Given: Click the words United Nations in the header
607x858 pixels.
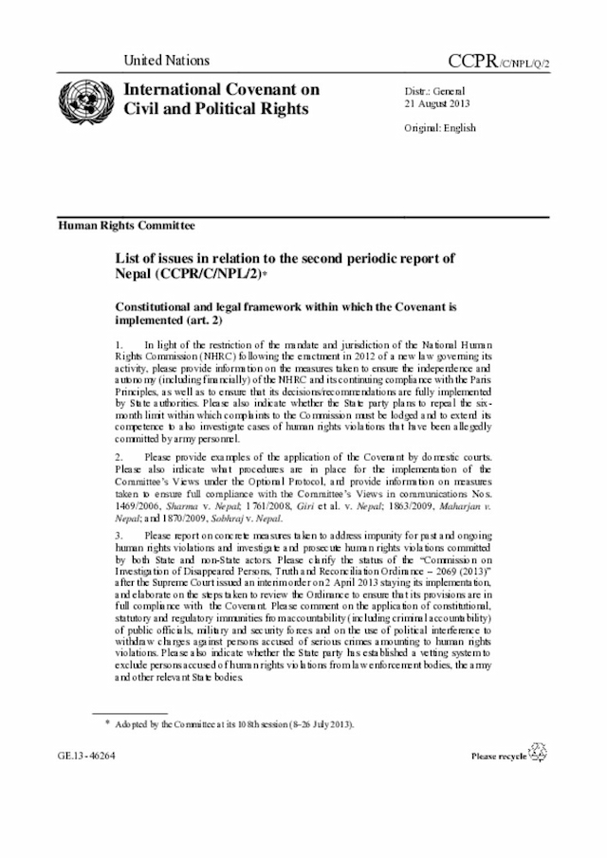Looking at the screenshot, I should [x=166, y=60].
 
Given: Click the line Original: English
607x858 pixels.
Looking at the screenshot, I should [x=441, y=128].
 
